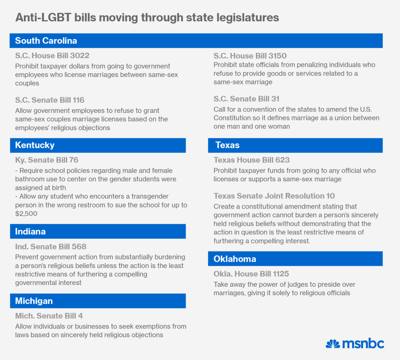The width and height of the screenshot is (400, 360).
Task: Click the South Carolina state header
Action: (46, 41)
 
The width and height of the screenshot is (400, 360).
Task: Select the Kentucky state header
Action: (35, 145)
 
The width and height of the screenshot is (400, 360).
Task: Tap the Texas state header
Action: (227, 145)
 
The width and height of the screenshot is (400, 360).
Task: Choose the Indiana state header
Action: (30, 232)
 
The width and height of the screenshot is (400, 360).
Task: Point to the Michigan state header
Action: (34, 301)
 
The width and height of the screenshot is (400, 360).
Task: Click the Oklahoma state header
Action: (235, 259)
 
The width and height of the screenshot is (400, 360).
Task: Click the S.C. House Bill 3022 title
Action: (52, 56)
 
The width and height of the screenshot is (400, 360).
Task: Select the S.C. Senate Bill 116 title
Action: (49, 100)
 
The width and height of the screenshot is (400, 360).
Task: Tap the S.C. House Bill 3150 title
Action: (250, 56)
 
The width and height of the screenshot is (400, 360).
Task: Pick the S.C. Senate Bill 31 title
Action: (246, 99)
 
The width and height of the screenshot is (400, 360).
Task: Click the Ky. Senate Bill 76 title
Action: (47, 160)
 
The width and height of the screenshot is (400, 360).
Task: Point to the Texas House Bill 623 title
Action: (252, 160)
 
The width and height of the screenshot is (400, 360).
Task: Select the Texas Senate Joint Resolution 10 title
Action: (274, 196)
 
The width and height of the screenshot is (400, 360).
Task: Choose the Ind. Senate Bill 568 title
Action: (51, 247)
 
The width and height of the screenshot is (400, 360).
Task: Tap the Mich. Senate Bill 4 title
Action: (49, 316)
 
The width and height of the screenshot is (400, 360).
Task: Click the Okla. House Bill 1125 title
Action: (251, 274)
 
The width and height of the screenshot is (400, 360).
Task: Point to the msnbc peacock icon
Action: (332, 344)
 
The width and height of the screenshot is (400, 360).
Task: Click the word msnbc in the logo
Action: (363, 344)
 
